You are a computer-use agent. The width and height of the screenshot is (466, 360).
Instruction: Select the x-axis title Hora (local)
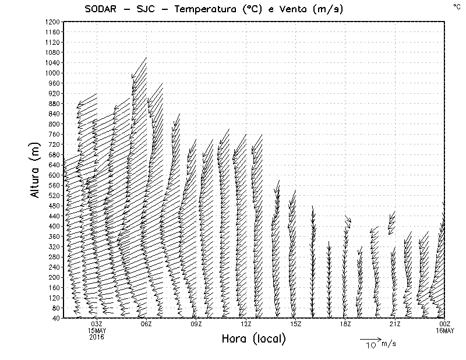[253, 339]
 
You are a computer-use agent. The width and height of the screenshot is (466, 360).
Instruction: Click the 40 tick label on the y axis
[55, 318]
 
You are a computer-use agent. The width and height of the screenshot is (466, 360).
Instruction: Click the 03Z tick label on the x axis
[97, 324]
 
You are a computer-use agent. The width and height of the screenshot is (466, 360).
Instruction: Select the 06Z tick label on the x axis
[146, 324]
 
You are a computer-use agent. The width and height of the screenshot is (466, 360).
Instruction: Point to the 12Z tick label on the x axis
[246, 324]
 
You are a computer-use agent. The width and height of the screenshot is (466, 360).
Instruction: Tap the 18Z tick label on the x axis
[345, 324]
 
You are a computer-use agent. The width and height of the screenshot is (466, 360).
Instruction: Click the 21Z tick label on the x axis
[395, 324]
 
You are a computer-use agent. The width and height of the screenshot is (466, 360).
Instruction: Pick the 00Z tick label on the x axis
[445, 324]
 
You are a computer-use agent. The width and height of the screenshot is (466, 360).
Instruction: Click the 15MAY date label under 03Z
[97, 330]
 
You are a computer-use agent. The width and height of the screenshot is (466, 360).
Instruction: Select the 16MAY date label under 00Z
[445, 330]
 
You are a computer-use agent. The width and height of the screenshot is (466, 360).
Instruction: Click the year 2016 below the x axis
[97, 337]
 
